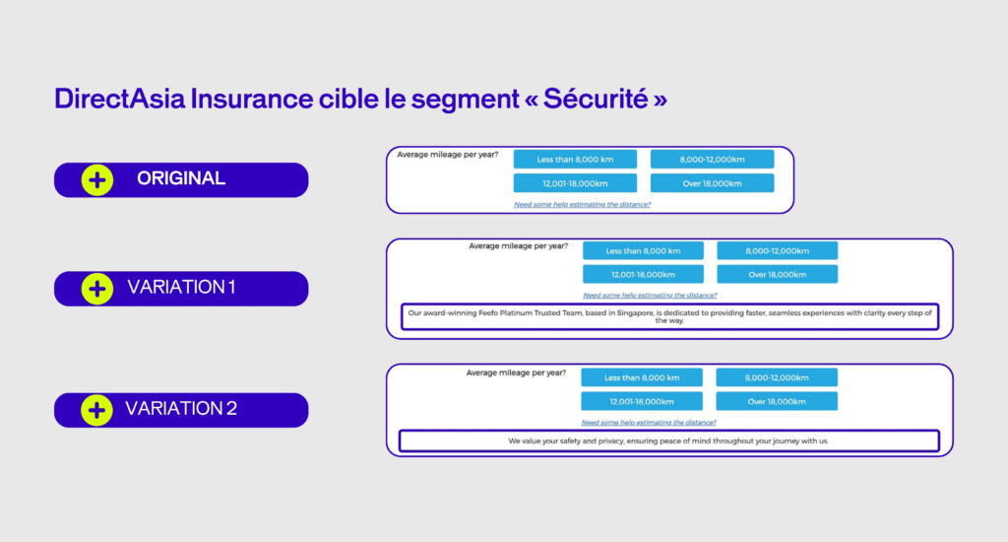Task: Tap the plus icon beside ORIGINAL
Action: pyautogui.click(x=96, y=180)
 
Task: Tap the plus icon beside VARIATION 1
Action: pyautogui.click(x=96, y=289)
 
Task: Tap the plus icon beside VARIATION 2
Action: pyautogui.click(x=96, y=409)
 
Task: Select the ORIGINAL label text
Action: pyautogui.click(x=181, y=179)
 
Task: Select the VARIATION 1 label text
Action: pyautogui.click(x=181, y=288)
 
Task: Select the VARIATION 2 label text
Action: pyautogui.click(x=181, y=409)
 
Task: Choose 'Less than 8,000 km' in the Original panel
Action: pyautogui.click(x=575, y=159)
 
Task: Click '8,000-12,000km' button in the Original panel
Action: pyautogui.click(x=712, y=159)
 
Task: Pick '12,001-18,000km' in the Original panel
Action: pyautogui.click(x=575, y=183)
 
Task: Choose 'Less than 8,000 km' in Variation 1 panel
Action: pyautogui.click(x=643, y=250)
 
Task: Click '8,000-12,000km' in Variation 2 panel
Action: pyautogui.click(x=777, y=377)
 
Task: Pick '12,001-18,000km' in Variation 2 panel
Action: pyautogui.click(x=642, y=401)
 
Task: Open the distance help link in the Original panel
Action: pyautogui.click(x=582, y=204)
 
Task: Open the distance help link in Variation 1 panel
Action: pyautogui.click(x=650, y=295)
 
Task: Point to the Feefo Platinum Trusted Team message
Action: pyautogui.click(x=669, y=316)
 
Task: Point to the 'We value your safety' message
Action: pyautogui.click(x=668, y=440)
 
